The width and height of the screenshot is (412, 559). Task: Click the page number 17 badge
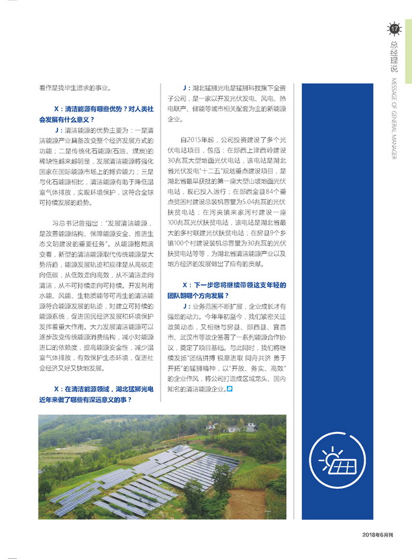(x=393, y=28)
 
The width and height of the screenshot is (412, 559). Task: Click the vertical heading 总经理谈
(x=393, y=57)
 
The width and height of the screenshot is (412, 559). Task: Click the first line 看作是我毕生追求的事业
(x=76, y=88)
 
